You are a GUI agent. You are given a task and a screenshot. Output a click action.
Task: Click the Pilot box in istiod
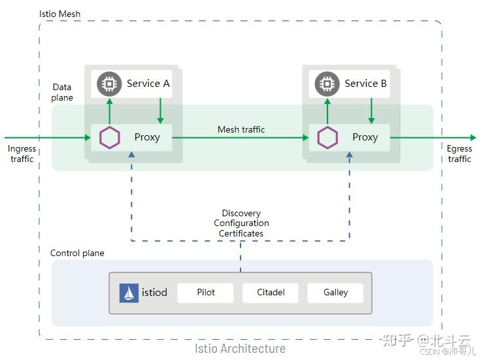(x=206, y=293)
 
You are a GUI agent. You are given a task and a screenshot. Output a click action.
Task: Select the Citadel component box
(x=271, y=293)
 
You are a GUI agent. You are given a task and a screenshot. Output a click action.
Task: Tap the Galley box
(x=335, y=293)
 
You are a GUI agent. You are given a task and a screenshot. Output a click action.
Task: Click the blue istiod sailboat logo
(x=129, y=293)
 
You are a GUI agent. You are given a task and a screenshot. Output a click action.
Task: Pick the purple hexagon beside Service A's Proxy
(x=110, y=138)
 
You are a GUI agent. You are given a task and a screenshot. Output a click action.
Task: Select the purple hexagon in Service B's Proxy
(x=327, y=138)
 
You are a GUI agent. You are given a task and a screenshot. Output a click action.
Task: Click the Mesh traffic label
(x=241, y=129)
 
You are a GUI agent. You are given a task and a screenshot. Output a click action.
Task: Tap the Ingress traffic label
(x=22, y=154)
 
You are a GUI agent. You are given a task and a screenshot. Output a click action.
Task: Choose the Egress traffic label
(x=459, y=154)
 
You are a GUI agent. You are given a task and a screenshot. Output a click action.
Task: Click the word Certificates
(x=241, y=233)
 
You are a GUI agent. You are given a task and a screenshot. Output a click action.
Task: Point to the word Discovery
(x=241, y=213)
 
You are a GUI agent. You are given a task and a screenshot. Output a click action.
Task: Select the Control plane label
(x=77, y=253)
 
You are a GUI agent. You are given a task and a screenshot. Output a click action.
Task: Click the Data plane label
(x=63, y=92)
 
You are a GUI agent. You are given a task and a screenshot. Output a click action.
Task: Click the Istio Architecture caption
(x=241, y=348)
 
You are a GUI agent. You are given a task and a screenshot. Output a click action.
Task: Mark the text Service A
(x=148, y=84)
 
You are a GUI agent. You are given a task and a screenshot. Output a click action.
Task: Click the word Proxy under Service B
(x=365, y=137)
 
